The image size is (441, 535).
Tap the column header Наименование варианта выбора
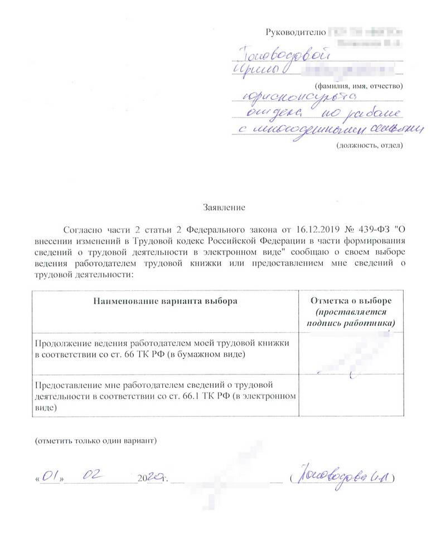(165, 301)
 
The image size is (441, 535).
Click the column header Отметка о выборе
(351, 301)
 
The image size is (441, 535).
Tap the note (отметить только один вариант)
(96, 441)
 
